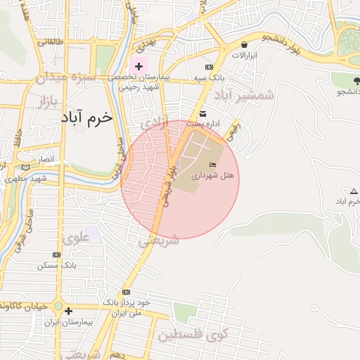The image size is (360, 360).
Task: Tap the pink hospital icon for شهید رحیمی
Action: click(x=139, y=65)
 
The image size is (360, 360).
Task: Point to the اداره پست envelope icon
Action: click(x=203, y=114)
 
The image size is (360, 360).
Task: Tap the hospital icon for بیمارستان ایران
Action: click(x=67, y=311)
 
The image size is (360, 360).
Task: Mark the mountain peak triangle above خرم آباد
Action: click(x=354, y=191)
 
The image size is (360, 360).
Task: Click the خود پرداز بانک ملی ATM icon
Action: click(x=127, y=292)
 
